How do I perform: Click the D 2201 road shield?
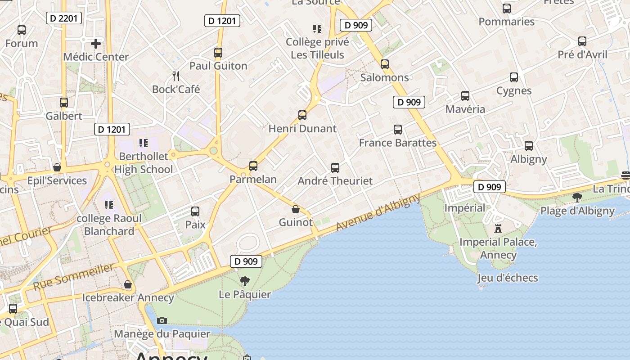[x=64, y=18]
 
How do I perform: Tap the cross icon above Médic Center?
[x=96, y=44]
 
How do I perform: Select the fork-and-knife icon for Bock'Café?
[x=176, y=76]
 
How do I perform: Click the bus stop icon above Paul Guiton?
[x=218, y=53]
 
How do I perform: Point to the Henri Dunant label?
[x=302, y=129]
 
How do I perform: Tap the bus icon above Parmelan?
[x=253, y=166]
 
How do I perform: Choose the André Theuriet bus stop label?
[x=335, y=181]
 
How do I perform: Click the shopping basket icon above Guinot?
[x=296, y=209]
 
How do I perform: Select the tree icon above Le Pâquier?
[x=245, y=281]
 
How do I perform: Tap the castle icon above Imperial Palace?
[x=498, y=229]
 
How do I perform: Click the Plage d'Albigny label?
[x=577, y=211]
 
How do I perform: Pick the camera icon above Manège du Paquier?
[x=162, y=321]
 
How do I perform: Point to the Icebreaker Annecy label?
[x=128, y=297]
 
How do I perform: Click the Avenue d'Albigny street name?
[x=378, y=213]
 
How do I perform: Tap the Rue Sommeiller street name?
[x=74, y=277]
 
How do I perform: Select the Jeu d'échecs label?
[x=508, y=278]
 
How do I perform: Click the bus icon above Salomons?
[x=385, y=64]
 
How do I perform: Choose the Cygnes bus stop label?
[x=514, y=90]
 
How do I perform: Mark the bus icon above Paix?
[x=195, y=211]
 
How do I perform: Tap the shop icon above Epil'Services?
[x=57, y=168]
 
